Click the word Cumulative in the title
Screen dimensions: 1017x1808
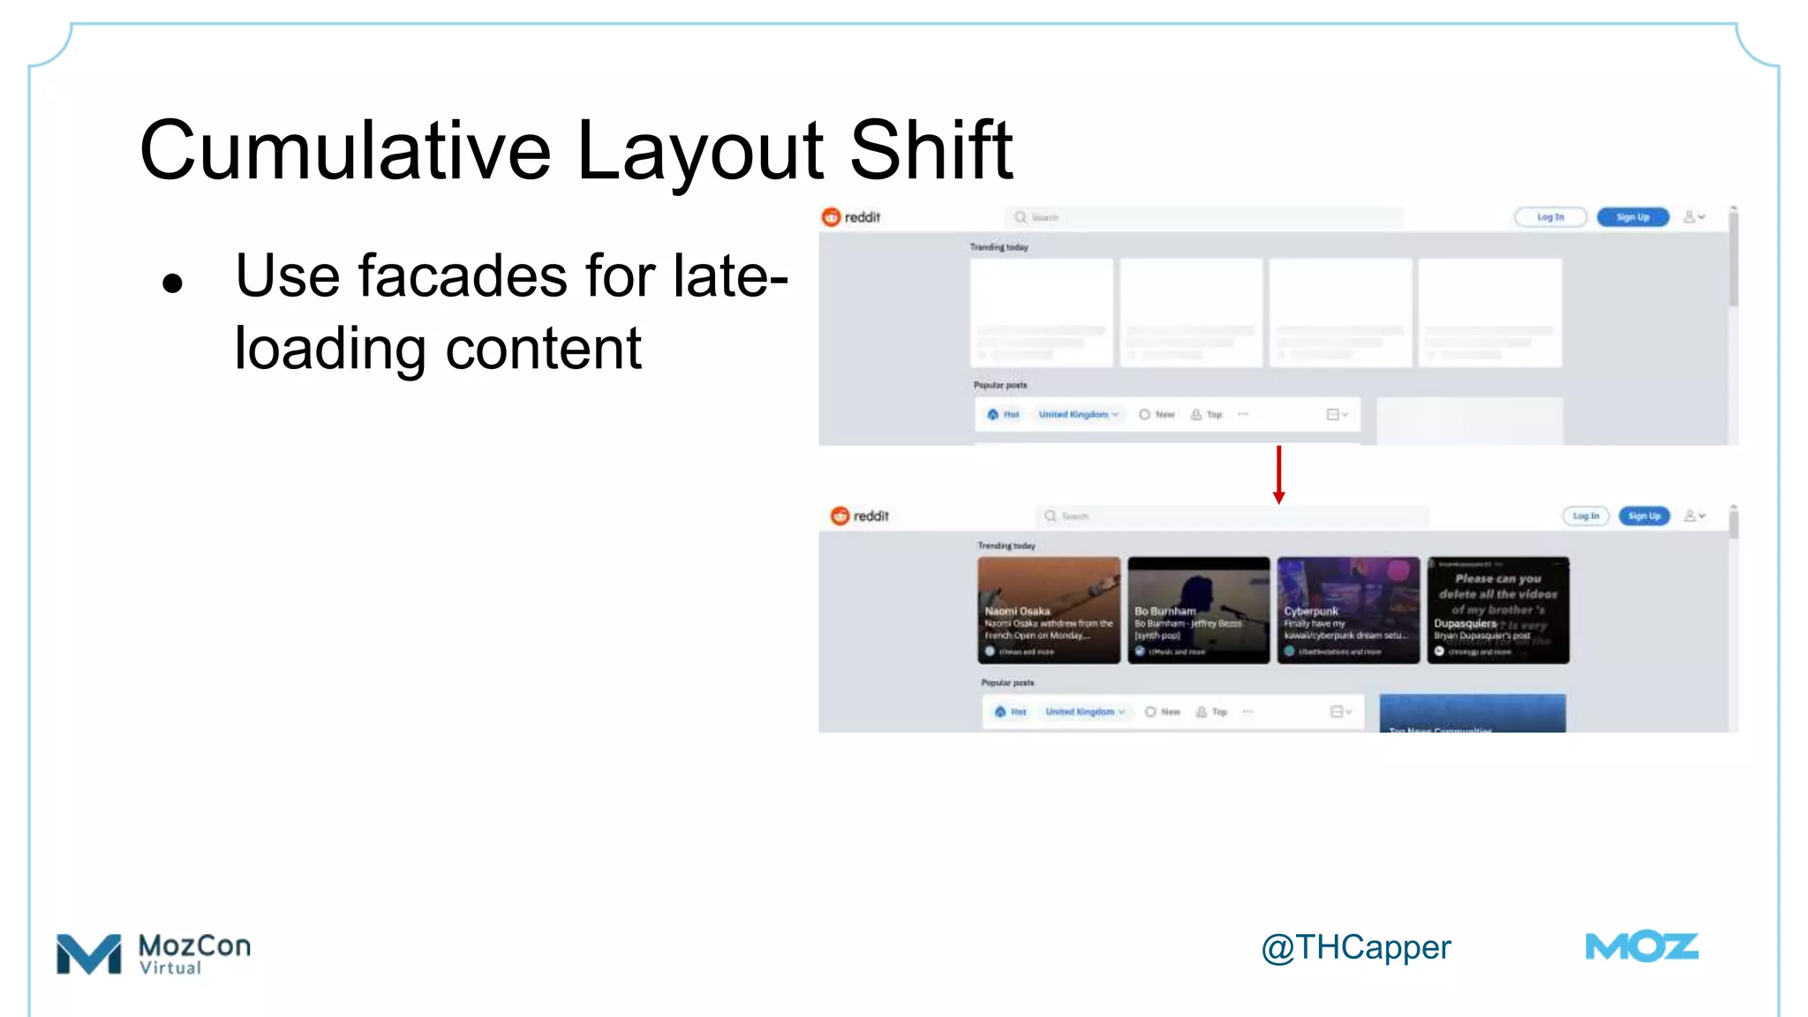point(345,150)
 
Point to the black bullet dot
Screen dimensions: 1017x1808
point(172,282)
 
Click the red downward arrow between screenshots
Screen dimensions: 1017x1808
point(1278,474)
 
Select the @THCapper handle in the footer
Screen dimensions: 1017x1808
point(1356,947)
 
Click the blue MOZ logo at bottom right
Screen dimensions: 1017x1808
point(1642,947)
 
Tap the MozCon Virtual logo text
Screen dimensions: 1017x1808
point(194,953)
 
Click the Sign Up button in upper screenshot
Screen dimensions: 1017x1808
point(1632,217)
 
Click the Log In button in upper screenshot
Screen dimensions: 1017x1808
point(1550,217)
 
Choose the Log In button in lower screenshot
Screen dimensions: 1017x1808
point(1586,516)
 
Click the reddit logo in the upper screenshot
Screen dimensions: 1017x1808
point(851,217)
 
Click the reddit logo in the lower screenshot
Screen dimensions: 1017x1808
point(860,516)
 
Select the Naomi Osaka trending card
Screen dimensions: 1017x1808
point(1049,610)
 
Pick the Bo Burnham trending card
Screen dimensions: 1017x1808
point(1198,610)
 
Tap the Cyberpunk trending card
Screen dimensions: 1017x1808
point(1348,610)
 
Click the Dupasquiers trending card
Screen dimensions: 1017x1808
point(1498,610)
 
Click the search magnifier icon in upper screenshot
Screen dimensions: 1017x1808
point(1021,217)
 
